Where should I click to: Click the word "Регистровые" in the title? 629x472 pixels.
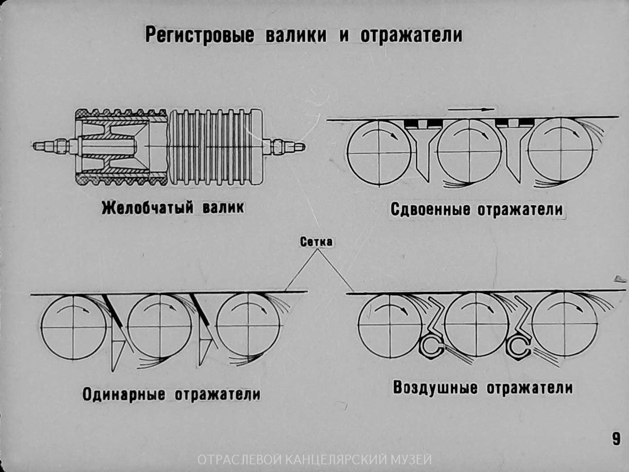coord(199,35)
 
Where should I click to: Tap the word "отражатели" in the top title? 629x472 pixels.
coord(411,35)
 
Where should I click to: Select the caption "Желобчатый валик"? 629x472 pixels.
coord(173,208)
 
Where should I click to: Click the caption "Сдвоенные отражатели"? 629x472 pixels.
coord(476,209)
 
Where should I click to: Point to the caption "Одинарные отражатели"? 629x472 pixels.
coord(171,394)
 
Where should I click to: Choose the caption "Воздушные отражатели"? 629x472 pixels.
coord(483,388)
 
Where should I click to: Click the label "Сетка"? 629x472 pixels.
coord(316,242)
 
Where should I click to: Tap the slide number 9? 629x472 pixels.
coord(616,438)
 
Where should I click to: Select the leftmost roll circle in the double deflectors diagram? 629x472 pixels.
coord(379,153)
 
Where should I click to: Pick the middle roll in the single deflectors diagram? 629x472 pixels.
coord(160,326)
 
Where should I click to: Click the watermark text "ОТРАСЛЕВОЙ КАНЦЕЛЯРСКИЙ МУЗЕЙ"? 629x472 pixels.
coord(314,460)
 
